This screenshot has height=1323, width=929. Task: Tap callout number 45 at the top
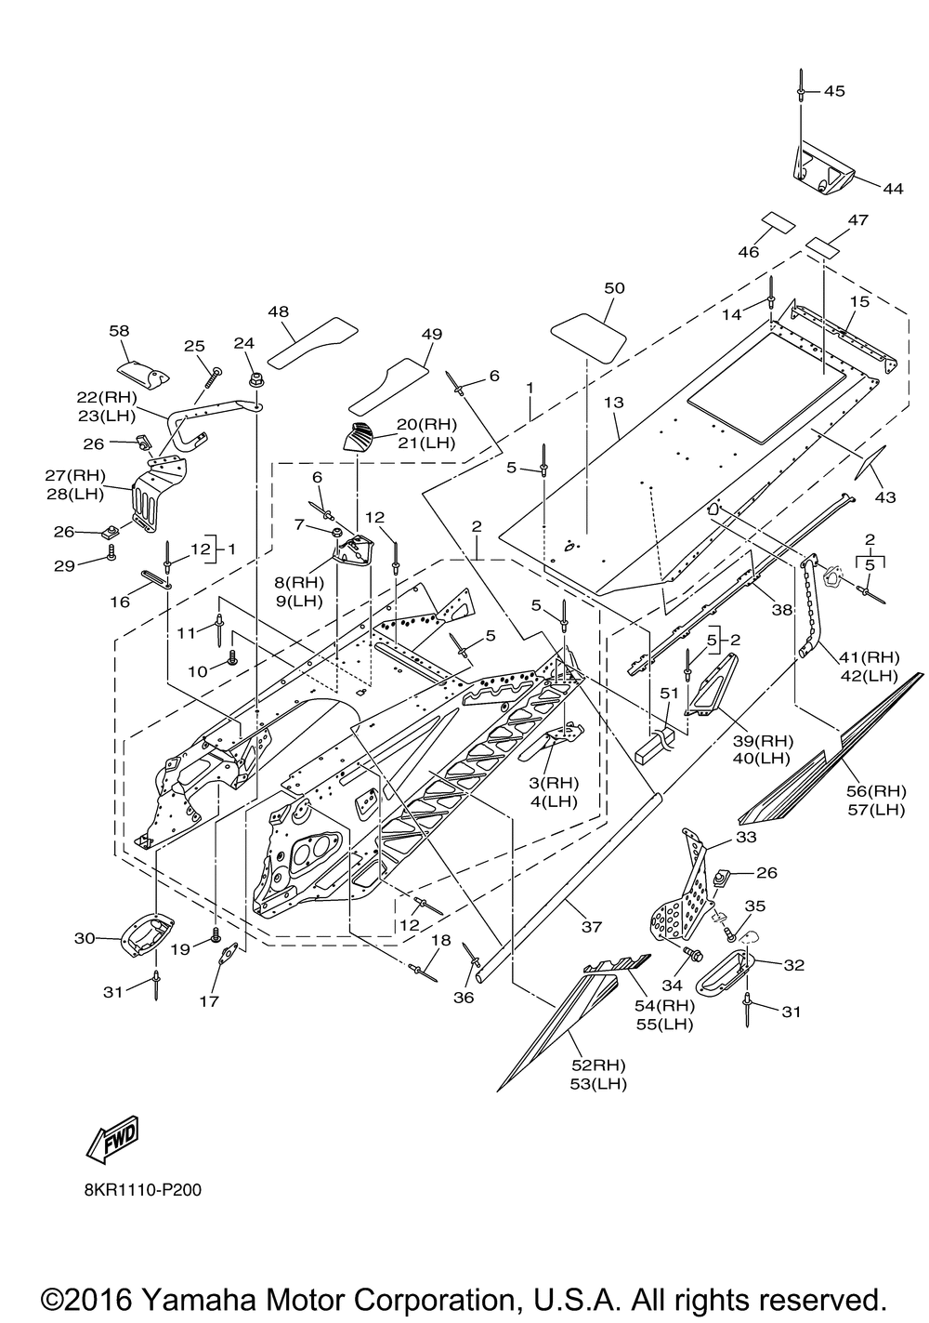(x=834, y=91)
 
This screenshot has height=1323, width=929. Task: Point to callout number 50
(x=614, y=288)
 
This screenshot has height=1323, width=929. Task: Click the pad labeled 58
(x=142, y=373)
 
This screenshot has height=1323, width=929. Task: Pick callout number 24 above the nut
(x=243, y=343)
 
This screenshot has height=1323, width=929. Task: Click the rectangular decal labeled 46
(x=777, y=222)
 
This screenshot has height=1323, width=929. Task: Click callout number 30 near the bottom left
(x=85, y=938)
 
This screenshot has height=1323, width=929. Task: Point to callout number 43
(x=884, y=497)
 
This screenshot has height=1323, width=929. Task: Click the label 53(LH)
(x=598, y=1084)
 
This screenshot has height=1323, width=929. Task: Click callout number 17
(x=209, y=1000)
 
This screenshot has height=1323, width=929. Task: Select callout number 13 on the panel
(x=614, y=403)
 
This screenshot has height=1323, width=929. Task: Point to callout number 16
(x=120, y=602)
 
